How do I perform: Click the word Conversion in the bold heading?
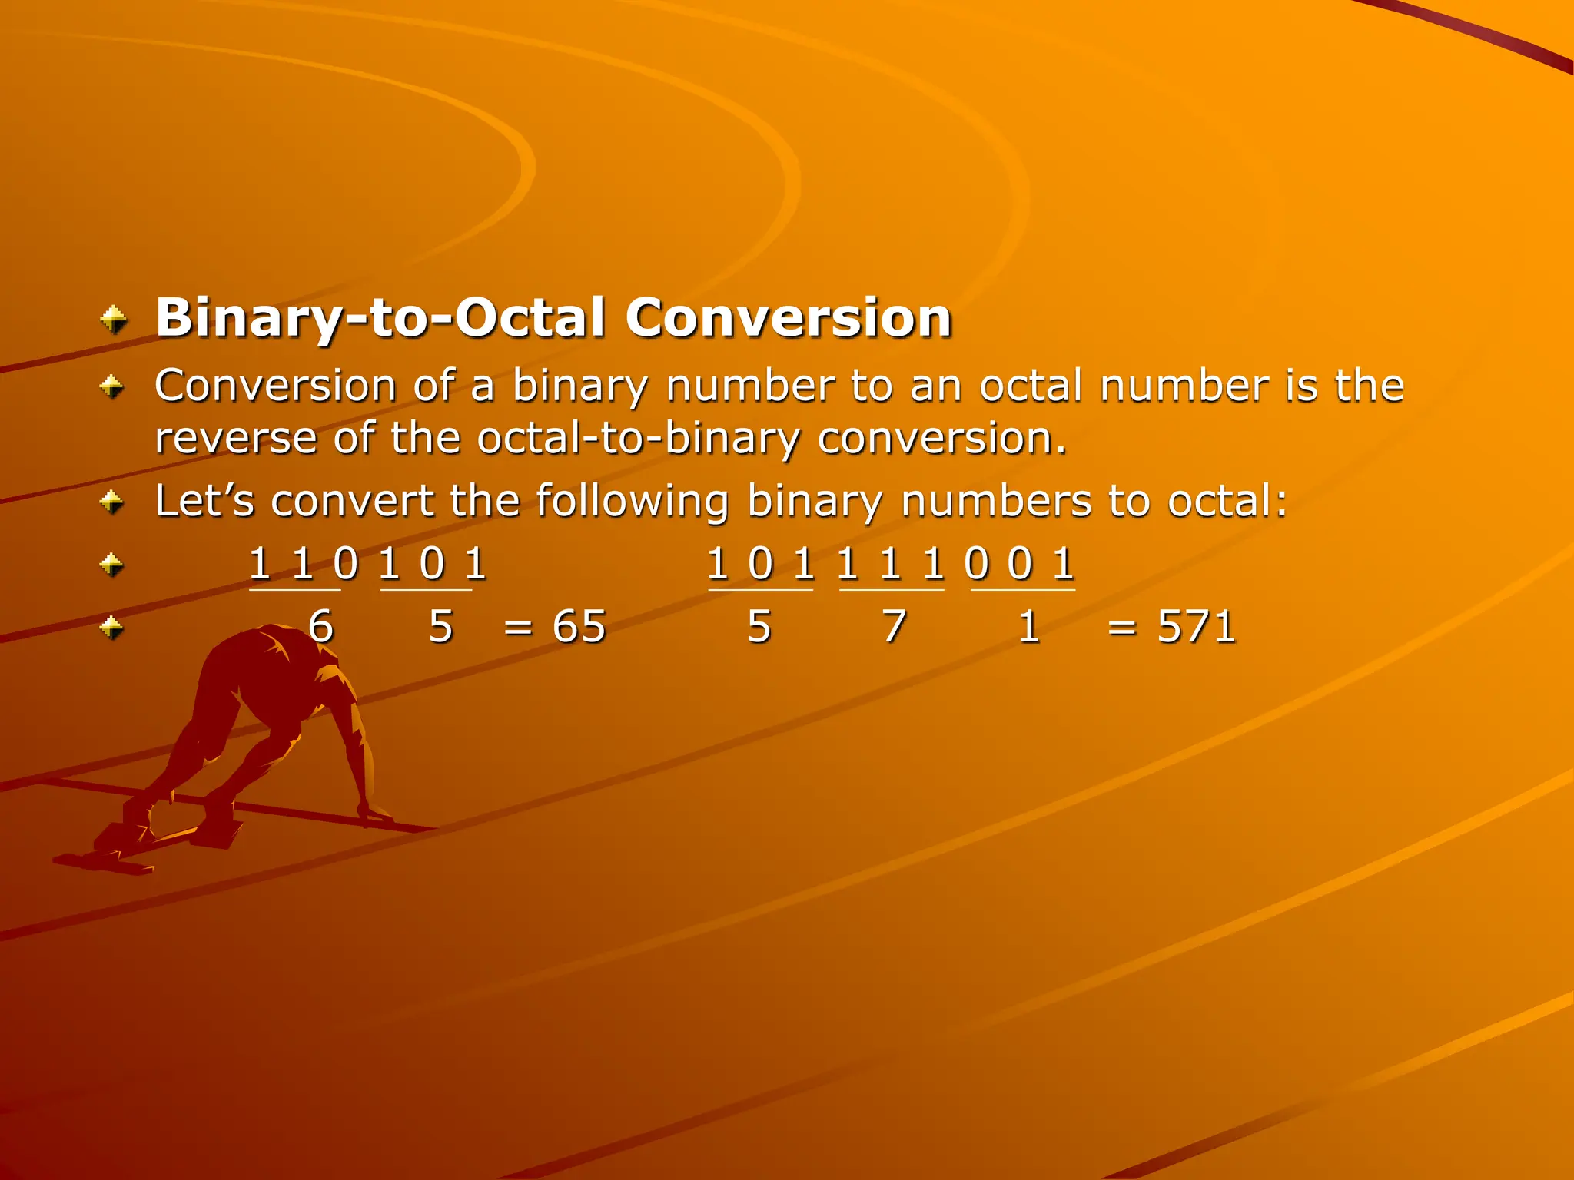pyautogui.click(x=788, y=317)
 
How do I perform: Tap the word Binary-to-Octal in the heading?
pyautogui.click(x=380, y=319)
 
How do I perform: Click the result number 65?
pyautogui.click(x=579, y=627)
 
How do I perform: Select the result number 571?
pyautogui.click(x=1196, y=627)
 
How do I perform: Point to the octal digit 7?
pyautogui.click(x=893, y=627)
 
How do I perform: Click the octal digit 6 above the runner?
pyautogui.click(x=320, y=627)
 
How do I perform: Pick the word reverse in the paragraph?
pyautogui.click(x=236, y=439)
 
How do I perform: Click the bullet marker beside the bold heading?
pyautogui.click(x=114, y=320)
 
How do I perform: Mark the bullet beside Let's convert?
pyautogui.click(x=112, y=503)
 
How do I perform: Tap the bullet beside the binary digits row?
pyautogui.click(x=112, y=566)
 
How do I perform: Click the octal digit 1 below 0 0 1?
pyautogui.click(x=1028, y=627)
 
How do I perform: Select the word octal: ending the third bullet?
pyautogui.click(x=1227, y=501)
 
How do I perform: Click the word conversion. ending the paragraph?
pyautogui.click(x=941, y=439)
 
